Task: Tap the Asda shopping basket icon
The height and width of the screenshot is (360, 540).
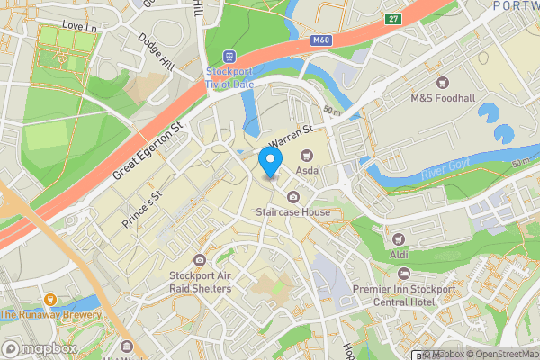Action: coord(293,156)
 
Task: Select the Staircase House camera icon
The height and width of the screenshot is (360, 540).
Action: coord(293,197)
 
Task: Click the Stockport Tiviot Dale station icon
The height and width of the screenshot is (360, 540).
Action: coord(229,57)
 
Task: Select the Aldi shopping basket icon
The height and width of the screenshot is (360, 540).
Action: coord(399,238)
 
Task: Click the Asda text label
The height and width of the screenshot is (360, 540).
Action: coord(309,169)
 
